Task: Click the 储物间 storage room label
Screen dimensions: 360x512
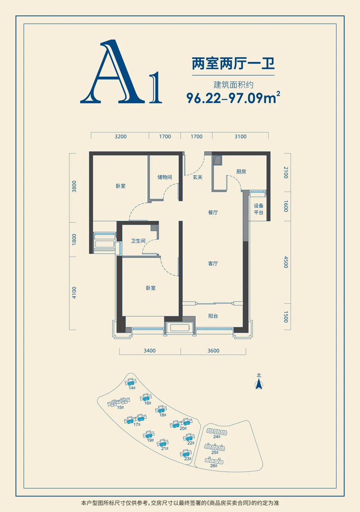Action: (x=164, y=177)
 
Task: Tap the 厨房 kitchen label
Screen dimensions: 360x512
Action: (x=241, y=172)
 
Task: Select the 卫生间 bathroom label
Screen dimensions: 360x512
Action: (x=138, y=241)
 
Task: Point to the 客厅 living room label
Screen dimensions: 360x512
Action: (x=213, y=264)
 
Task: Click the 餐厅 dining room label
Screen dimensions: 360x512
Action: (x=213, y=212)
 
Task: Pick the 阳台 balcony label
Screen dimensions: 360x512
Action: (x=213, y=316)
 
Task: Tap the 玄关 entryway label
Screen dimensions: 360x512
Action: (x=197, y=177)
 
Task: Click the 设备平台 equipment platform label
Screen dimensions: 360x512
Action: (x=259, y=209)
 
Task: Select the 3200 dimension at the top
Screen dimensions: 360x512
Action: (x=120, y=136)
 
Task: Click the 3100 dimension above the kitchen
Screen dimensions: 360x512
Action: (x=240, y=136)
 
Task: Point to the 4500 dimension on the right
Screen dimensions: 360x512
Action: (x=286, y=262)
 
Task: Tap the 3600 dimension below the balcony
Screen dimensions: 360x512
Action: (x=213, y=350)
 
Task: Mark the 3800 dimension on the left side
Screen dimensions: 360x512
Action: (x=74, y=186)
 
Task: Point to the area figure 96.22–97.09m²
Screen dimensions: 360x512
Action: (x=233, y=98)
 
